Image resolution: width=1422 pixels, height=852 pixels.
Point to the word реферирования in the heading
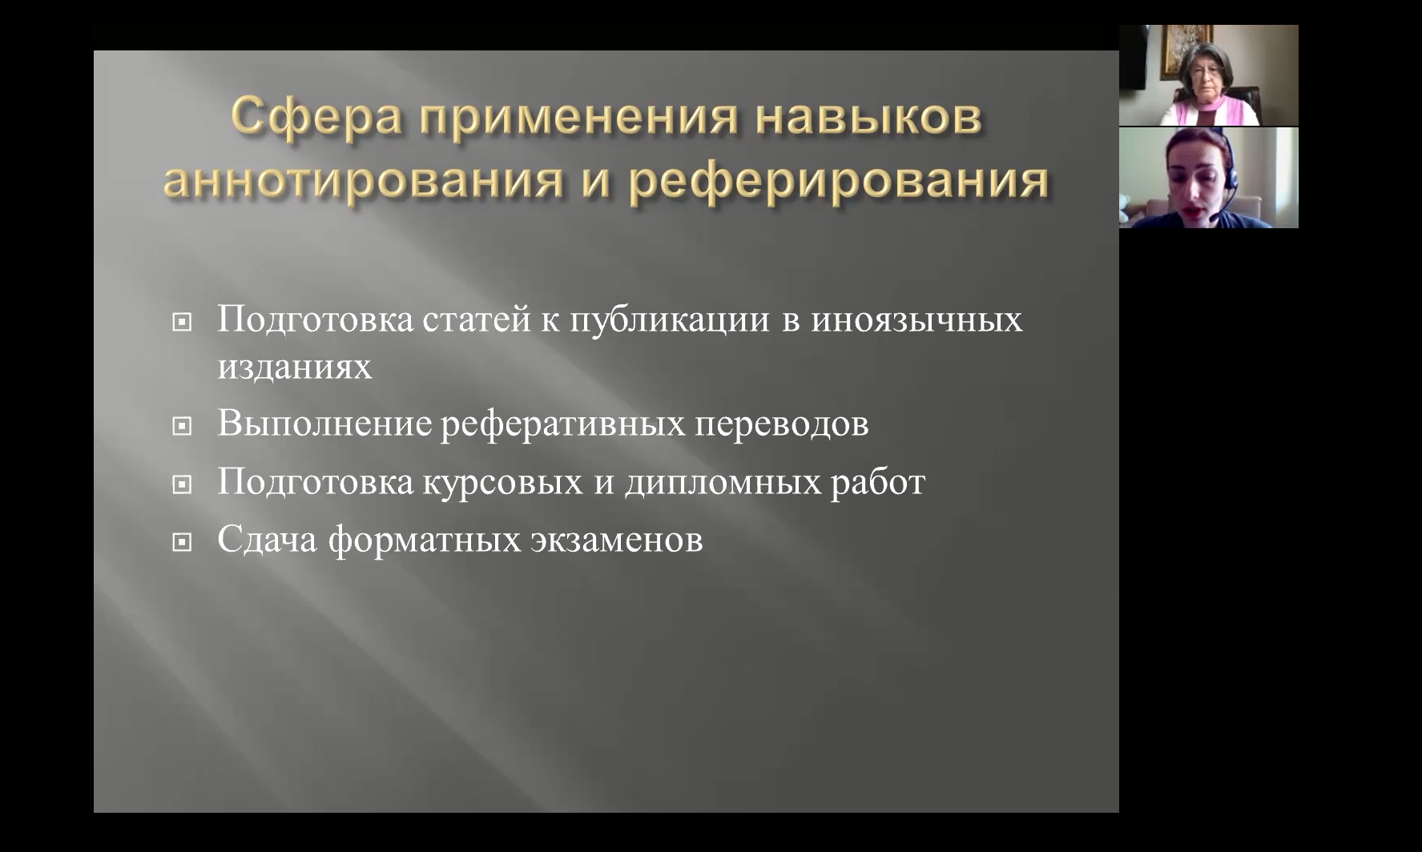(x=838, y=182)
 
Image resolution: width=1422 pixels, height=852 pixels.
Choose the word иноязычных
(x=917, y=319)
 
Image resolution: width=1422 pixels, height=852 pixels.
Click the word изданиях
(x=295, y=368)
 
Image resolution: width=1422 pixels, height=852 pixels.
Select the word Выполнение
(x=324, y=423)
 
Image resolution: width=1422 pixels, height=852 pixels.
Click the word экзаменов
(x=616, y=541)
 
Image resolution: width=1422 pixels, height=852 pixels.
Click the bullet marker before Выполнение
(x=183, y=427)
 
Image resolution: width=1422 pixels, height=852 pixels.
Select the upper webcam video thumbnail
(x=1208, y=75)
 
